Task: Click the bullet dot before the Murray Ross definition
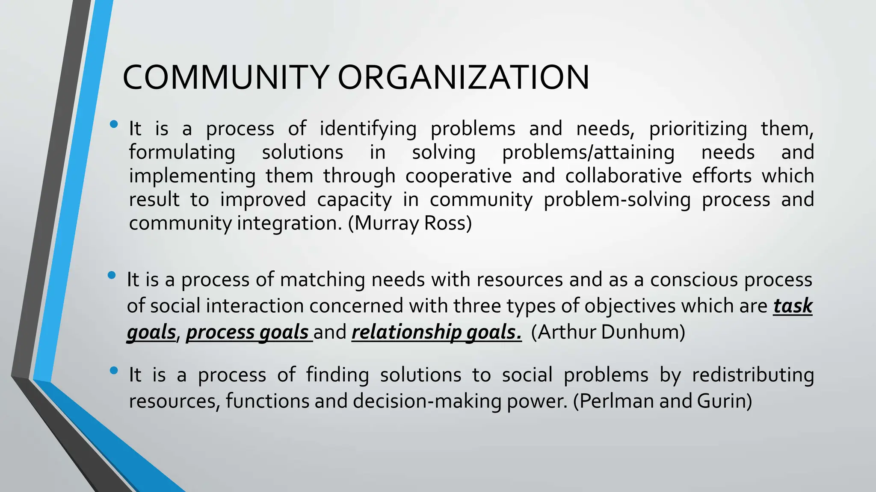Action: [114, 124]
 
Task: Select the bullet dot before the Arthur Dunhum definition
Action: [112, 275]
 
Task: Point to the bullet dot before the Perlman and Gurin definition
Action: [114, 371]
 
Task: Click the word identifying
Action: [368, 129]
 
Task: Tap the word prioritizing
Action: [698, 129]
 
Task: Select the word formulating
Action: [182, 152]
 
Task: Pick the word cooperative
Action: [459, 176]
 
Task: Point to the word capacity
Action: [354, 200]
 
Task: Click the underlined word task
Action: [793, 306]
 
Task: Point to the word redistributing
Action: [753, 375]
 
